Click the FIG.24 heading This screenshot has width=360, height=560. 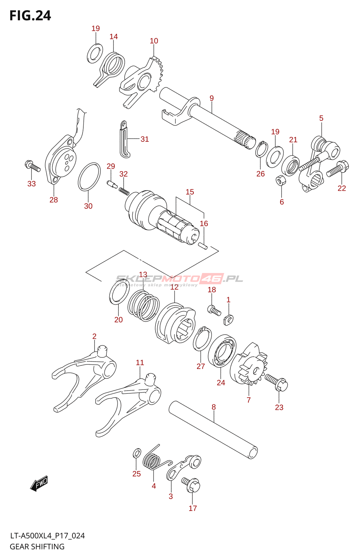pos(30,16)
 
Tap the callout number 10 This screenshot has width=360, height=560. pos(154,41)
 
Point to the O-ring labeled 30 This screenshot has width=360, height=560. pos(89,177)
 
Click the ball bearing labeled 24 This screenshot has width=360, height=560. pos(222,351)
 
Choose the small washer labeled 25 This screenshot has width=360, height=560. pos(137,454)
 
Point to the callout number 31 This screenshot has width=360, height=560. pos(145,139)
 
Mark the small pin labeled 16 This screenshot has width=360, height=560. pos(203,246)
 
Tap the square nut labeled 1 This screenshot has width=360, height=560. pos(228,319)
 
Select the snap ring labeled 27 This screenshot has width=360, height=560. pos(202,339)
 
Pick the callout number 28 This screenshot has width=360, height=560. pos(54,200)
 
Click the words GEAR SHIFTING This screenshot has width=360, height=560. pos(37,547)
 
